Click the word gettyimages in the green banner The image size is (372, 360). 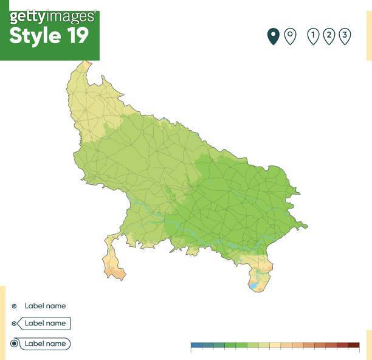(x=52, y=16)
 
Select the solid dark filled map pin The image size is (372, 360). (x=274, y=36)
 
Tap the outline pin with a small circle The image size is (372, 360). (x=290, y=36)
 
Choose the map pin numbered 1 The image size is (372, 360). (x=313, y=36)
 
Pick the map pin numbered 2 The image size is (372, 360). (x=329, y=36)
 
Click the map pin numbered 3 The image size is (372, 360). (x=345, y=36)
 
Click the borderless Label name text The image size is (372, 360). (x=45, y=306)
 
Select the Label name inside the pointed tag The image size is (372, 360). (x=45, y=324)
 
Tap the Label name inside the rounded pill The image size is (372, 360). (x=45, y=344)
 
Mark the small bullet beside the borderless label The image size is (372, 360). (x=14, y=306)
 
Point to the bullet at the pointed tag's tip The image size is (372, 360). (x=14, y=324)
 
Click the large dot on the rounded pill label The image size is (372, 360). (x=14, y=344)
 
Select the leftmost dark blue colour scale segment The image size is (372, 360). (x=196, y=345)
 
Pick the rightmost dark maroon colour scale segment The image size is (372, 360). (x=353, y=345)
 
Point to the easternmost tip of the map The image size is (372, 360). (x=306, y=227)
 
